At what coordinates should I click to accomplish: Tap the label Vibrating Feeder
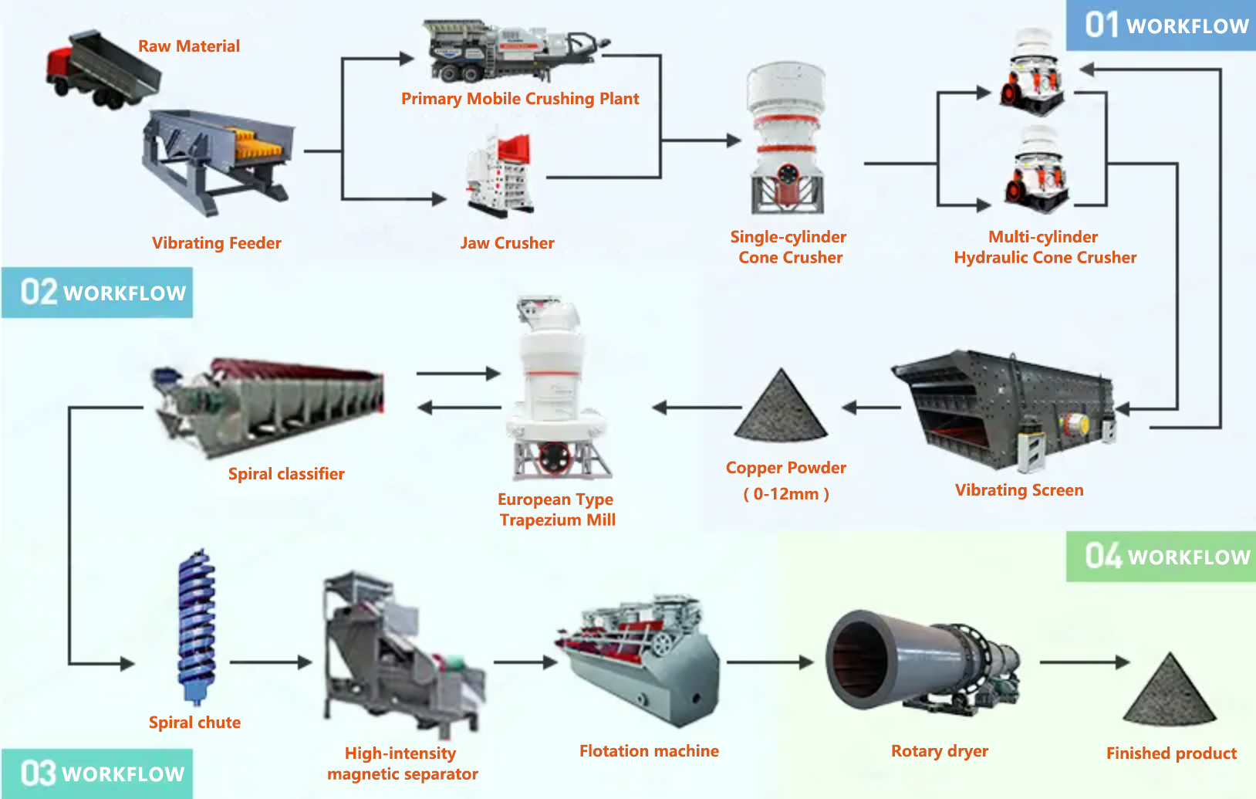[216, 243]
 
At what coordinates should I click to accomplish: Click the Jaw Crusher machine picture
[500, 176]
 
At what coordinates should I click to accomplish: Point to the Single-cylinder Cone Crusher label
[788, 247]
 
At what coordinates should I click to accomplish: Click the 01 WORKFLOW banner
[1162, 25]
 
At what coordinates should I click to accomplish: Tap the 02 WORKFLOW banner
[98, 293]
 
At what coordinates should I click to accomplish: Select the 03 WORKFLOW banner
[98, 774]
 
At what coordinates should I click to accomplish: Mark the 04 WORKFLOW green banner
[1162, 557]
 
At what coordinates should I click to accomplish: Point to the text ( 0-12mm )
[786, 494]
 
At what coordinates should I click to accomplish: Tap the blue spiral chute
[196, 625]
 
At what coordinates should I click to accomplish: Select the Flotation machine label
[649, 751]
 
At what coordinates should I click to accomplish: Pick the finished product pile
[1170, 691]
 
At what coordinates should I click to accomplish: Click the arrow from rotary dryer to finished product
[1084, 662]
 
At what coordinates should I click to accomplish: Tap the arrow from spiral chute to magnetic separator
[270, 662]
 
